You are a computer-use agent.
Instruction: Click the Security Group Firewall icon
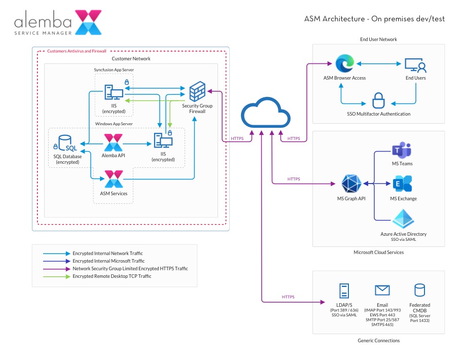point(196,92)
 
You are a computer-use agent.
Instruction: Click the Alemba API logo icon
point(113,142)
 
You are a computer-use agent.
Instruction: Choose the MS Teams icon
point(402,151)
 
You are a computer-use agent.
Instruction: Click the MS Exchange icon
point(403,185)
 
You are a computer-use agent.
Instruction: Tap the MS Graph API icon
point(351,184)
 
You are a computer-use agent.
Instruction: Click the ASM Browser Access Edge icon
point(344,64)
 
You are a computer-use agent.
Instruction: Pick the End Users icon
point(415,65)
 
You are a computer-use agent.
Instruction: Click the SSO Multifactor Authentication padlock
point(378,100)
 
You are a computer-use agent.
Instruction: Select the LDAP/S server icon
point(344,291)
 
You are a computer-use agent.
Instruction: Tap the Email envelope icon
point(382,290)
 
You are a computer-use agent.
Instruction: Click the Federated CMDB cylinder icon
point(419,290)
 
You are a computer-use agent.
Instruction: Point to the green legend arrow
point(56,276)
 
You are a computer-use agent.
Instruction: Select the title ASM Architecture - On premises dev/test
point(374,19)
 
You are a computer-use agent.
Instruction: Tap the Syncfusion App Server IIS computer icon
point(114,93)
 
